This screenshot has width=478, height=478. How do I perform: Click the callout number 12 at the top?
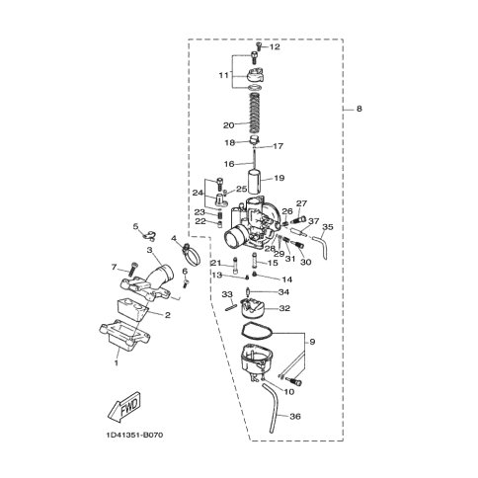tap(275, 47)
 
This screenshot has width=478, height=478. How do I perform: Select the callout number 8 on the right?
tap(359, 109)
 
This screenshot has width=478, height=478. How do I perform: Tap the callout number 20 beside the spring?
tap(228, 124)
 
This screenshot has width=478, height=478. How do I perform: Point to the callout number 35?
tap(329, 227)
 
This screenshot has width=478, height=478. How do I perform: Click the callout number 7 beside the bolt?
tap(115, 267)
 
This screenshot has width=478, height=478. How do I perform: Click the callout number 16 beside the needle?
tap(228, 164)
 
